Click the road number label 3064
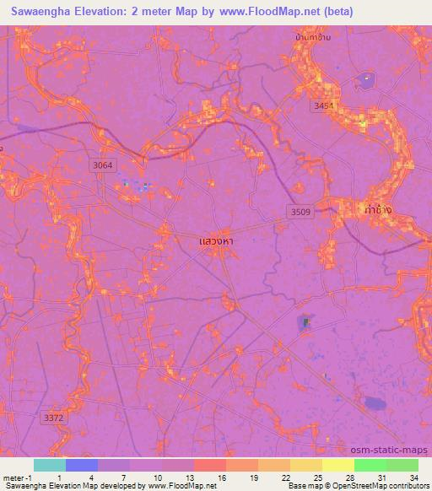click(104, 167)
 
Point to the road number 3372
click(53, 417)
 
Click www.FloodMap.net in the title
click(269, 12)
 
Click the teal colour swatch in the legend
click(50, 465)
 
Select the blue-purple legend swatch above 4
click(82, 465)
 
